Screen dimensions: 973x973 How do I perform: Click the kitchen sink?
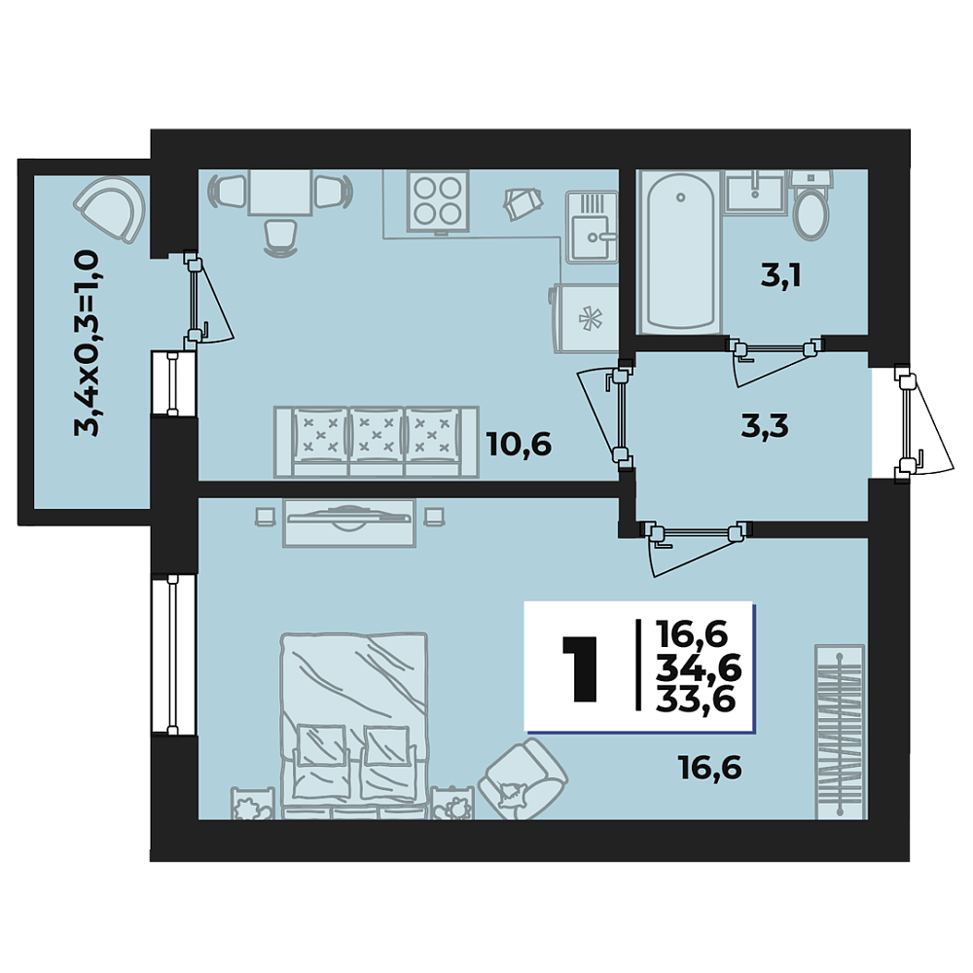(x=592, y=227)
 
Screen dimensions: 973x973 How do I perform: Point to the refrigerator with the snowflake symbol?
(x=587, y=319)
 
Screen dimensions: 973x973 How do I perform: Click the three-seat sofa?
(x=376, y=442)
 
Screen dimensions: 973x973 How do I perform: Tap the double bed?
(x=354, y=725)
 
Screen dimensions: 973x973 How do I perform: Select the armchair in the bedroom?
(x=523, y=777)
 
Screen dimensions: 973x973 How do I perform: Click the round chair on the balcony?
(x=111, y=208)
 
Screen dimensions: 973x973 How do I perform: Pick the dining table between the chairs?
(x=280, y=193)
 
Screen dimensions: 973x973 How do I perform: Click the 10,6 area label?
(x=519, y=445)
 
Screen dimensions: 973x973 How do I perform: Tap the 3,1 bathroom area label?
(x=780, y=276)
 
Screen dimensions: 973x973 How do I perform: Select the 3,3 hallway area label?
(x=765, y=426)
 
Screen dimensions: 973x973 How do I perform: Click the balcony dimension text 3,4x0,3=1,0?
(x=87, y=343)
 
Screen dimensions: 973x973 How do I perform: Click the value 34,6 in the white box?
(x=699, y=668)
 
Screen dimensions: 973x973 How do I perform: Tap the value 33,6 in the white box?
(x=696, y=700)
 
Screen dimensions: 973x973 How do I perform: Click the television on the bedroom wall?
(x=349, y=523)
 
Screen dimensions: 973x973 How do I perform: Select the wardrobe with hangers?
(x=840, y=733)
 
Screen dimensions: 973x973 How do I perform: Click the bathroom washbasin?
(x=755, y=192)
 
